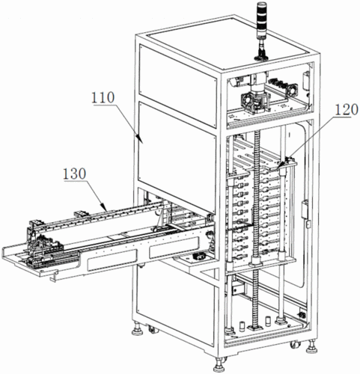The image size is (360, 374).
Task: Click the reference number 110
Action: click(x=103, y=98)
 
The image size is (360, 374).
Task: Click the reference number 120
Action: click(x=347, y=110)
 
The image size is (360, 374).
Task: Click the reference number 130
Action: click(x=74, y=174)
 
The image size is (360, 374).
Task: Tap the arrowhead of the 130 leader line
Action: click(x=104, y=207)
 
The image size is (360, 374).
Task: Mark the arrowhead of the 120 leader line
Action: click(x=281, y=165)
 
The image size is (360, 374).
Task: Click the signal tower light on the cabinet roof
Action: click(x=261, y=30)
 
